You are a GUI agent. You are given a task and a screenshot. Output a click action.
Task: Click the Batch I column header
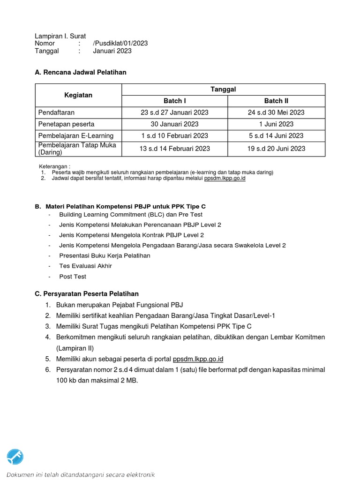[174, 101]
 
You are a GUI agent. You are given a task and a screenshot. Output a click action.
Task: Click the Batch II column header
[276, 101]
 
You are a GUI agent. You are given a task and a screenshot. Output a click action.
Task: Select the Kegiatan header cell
[78, 95]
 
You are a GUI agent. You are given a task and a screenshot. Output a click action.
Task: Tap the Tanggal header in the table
[223, 89]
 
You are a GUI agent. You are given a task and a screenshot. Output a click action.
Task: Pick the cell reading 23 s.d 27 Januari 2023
[174, 112]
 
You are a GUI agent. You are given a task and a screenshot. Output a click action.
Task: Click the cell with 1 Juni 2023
[276, 124]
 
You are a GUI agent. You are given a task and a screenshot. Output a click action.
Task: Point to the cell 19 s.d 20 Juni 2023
[276, 149]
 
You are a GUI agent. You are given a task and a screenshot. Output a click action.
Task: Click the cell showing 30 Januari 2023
[174, 124]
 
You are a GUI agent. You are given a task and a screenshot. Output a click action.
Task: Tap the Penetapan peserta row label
[66, 124]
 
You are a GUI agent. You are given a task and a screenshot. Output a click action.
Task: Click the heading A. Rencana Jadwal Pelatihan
[81, 72]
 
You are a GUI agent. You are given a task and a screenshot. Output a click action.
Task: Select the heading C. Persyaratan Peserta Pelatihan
[87, 294]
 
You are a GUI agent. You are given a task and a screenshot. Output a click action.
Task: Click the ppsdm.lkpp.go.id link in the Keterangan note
[225, 179]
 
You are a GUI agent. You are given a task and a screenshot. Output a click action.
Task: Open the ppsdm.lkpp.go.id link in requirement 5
[198, 359]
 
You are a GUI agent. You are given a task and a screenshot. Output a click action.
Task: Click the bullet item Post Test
[73, 277]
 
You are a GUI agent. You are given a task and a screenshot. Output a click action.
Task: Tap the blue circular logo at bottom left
[15, 456]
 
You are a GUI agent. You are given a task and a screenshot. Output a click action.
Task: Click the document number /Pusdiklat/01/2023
[120, 43]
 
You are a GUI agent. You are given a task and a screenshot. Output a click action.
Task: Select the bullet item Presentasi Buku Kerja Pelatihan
[105, 256]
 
